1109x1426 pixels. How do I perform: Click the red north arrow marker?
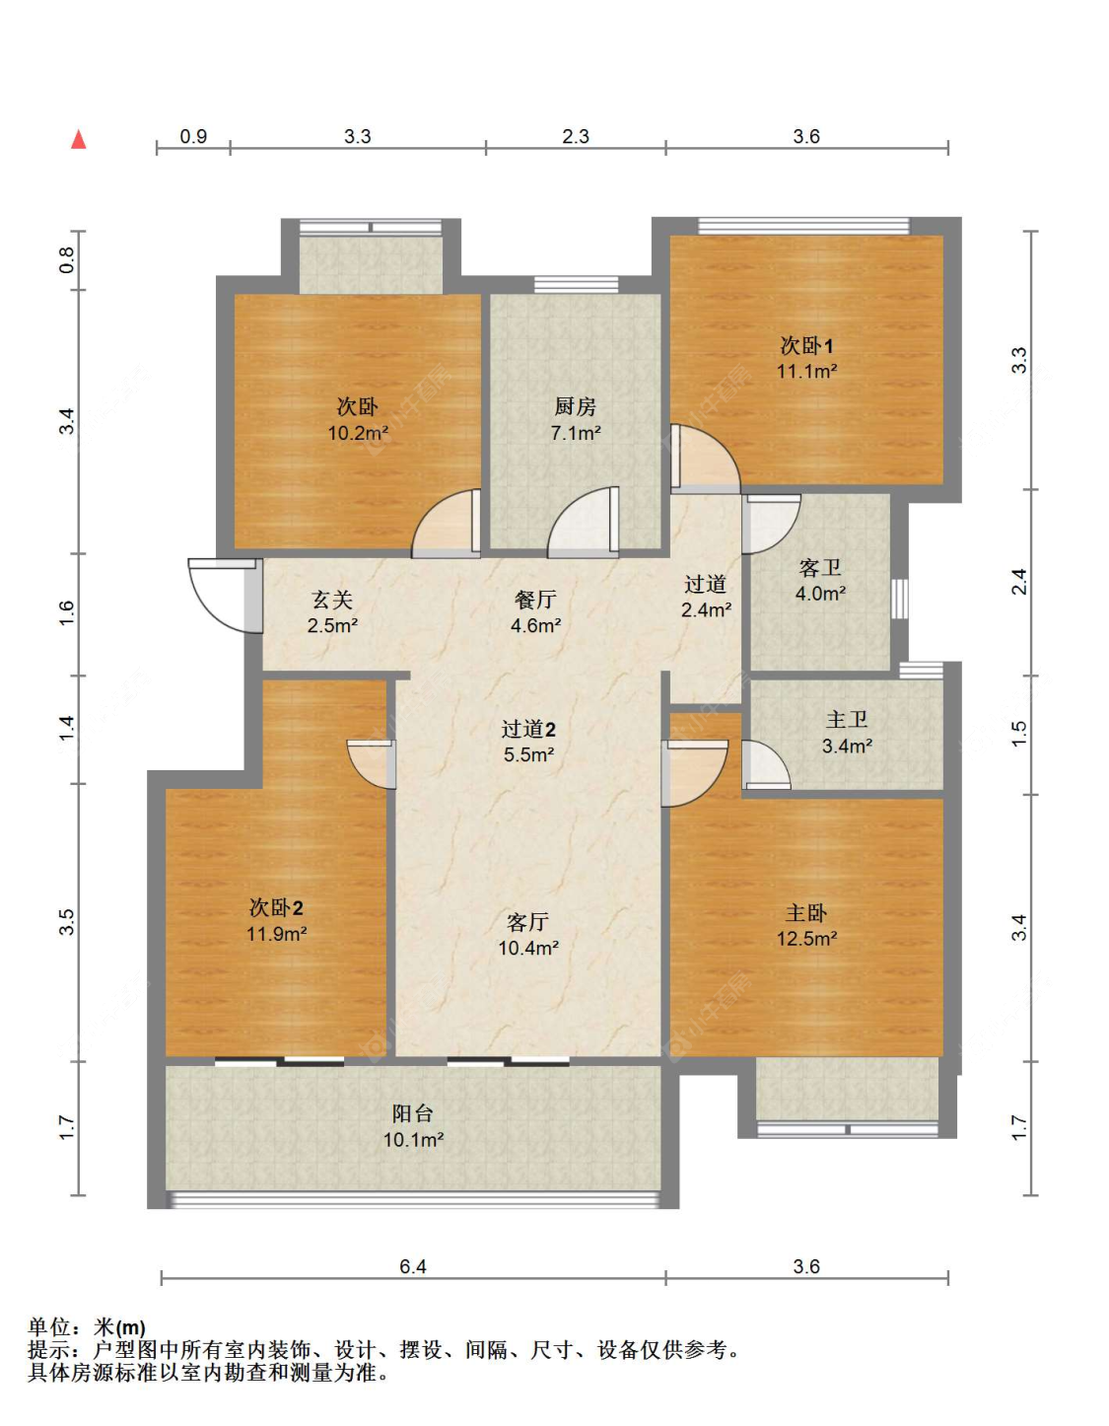click(79, 139)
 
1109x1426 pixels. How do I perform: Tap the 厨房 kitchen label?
click(575, 407)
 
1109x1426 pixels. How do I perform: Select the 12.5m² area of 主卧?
click(806, 939)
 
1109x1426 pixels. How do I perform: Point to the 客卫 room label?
click(820, 568)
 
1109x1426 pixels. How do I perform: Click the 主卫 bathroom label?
click(847, 720)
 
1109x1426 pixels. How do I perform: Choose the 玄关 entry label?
click(332, 600)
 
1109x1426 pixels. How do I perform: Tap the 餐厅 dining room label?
click(535, 600)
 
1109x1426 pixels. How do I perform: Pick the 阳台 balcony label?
click(412, 1113)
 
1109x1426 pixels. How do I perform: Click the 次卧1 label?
click(806, 345)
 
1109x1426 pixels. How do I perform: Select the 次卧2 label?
click(276, 907)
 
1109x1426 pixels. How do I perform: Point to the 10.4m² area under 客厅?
click(528, 948)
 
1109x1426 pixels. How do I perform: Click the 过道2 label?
click(528, 729)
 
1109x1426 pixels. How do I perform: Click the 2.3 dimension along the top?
click(576, 136)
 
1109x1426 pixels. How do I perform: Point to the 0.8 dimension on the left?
click(68, 260)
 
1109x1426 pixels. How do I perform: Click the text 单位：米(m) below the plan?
click(87, 1327)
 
